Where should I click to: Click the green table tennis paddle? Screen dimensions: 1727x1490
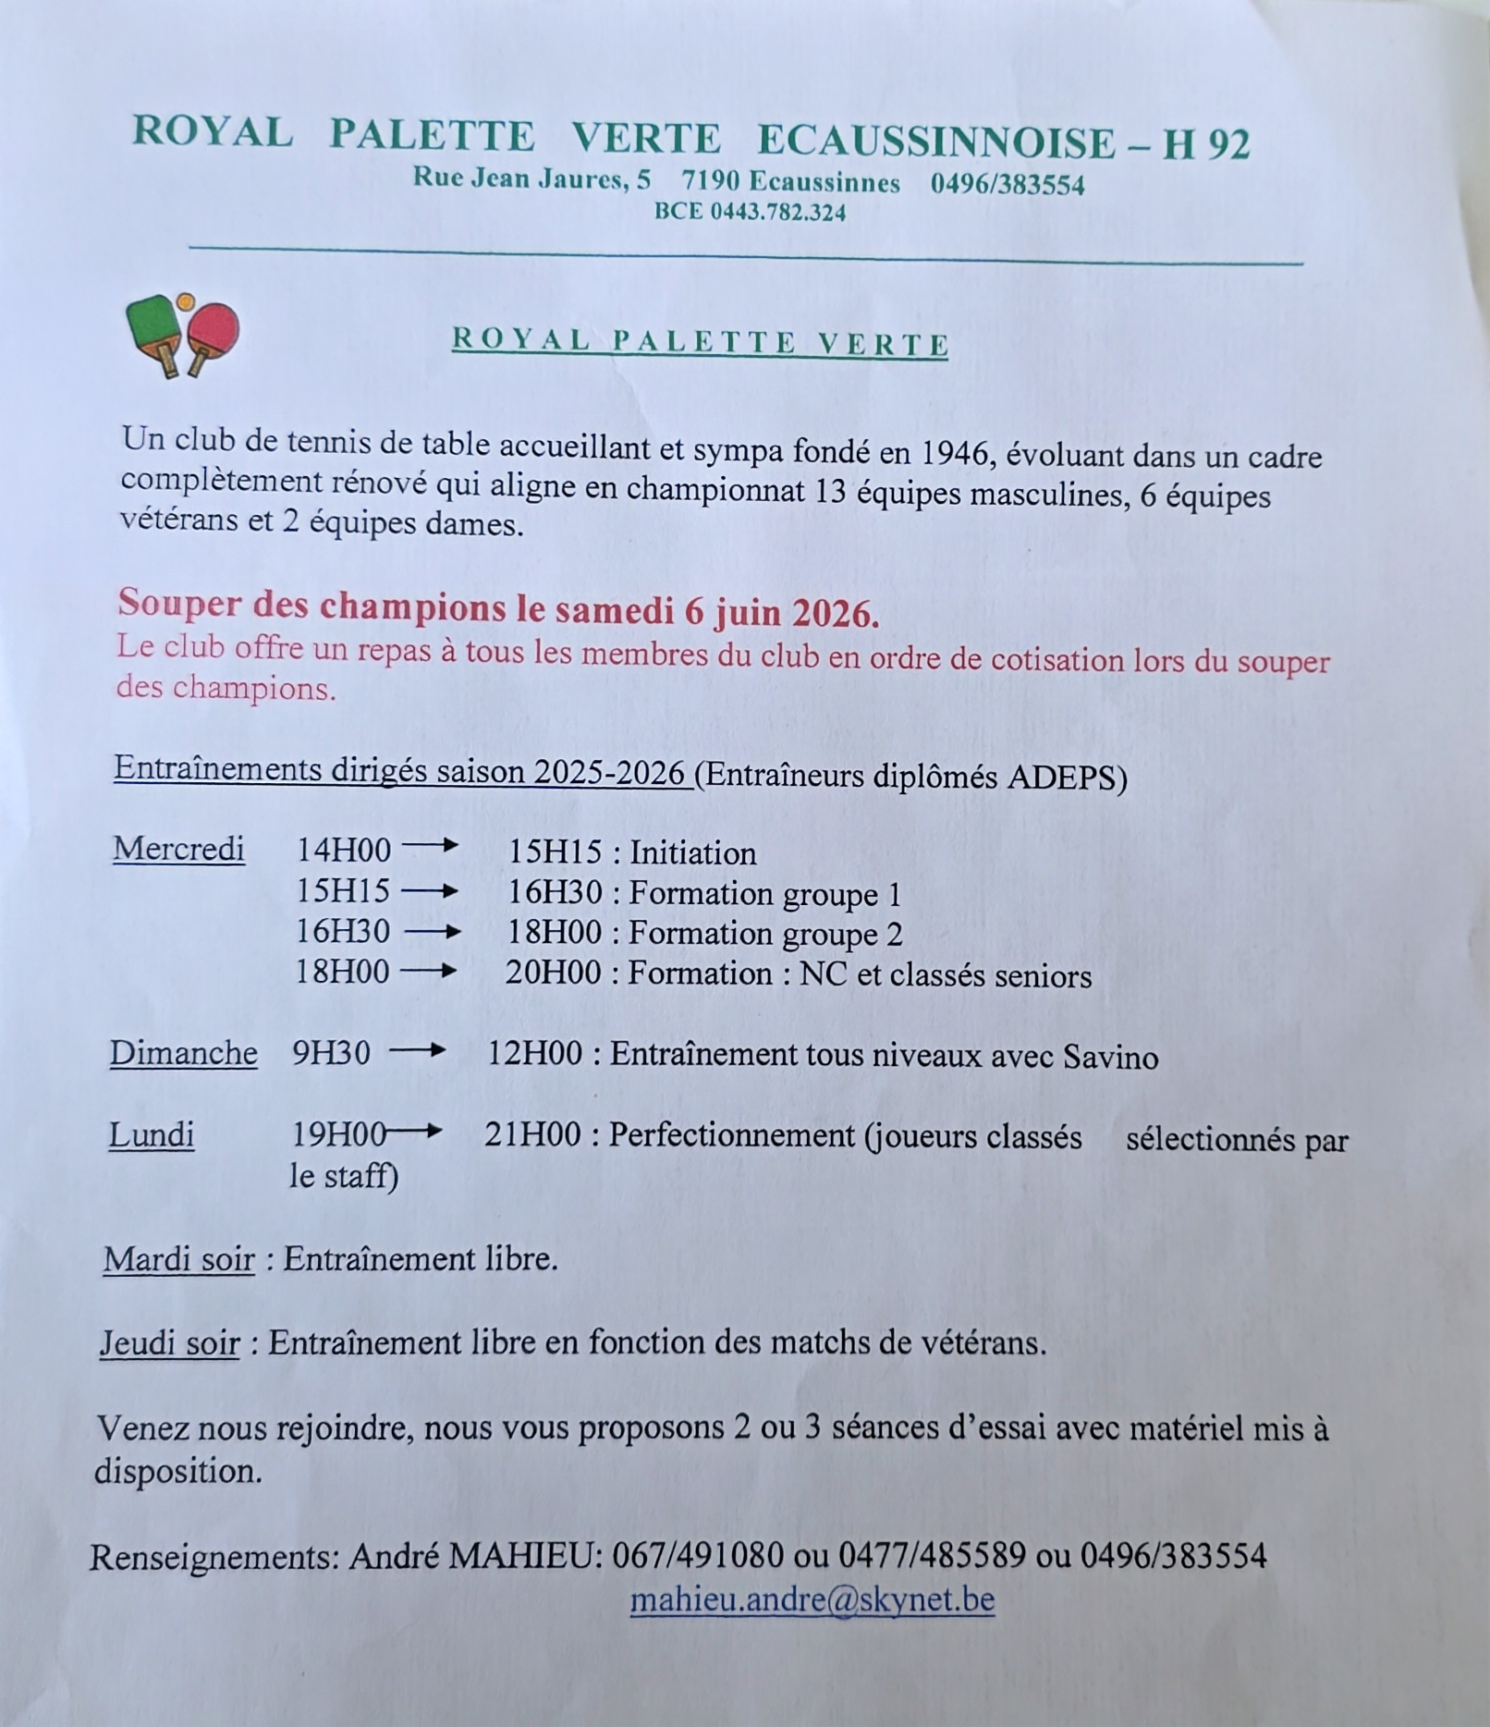tap(153, 325)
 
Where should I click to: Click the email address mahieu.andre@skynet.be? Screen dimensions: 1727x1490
tap(812, 1599)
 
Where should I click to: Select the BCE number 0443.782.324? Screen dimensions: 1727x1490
tap(777, 213)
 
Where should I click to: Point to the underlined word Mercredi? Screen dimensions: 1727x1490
tap(178, 849)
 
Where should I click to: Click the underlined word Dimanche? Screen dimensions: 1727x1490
tap(183, 1053)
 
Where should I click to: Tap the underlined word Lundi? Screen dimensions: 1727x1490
tap(152, 1134)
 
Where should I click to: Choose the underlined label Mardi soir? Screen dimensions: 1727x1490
tap(178, 1258)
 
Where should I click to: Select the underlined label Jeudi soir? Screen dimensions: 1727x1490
tap(170, 1342)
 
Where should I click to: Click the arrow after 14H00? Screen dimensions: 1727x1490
tap(430, 845)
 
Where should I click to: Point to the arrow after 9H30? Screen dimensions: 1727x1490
tap(417, 1051)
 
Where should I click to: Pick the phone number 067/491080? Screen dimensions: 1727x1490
tap(698, 1556)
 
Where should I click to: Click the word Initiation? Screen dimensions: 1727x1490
tap(693, 853)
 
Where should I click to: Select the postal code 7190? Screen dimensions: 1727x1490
tap(710, 180)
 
